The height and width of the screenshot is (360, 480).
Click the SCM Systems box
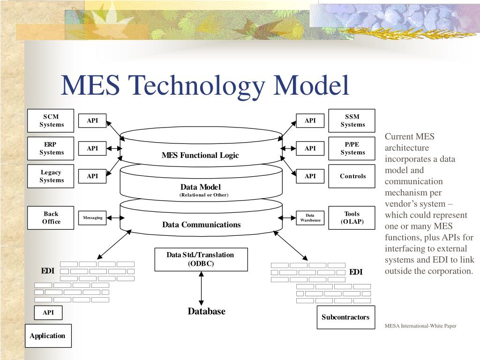pos(51,121)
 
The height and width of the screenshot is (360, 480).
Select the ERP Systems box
pos(51,149)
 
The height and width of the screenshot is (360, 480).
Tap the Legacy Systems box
pos(51,176)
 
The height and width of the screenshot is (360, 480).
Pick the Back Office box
pos(51,217)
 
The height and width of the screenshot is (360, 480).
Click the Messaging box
pos(93,217)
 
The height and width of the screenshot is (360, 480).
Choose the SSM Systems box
pos(352,121)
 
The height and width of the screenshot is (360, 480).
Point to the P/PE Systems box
pos(352,149)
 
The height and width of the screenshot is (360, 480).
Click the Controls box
pos(352,176)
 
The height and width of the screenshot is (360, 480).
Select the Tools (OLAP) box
pos(352,217)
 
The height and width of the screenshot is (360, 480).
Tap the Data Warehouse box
pos(310,217)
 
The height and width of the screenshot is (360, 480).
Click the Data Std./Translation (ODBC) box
pos(201,259)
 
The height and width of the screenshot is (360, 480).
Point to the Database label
pos(207,311)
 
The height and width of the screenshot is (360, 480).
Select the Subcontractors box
pos(345,317)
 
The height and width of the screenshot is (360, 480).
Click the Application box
pos(48,336)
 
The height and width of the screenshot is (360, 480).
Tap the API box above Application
pos(48,313)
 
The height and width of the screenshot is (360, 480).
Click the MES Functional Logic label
pos(200,155)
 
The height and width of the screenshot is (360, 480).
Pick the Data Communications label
pos(202,225)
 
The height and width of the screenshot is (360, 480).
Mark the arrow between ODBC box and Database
pos(202,289)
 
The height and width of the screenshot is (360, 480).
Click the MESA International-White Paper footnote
pos(420,326)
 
